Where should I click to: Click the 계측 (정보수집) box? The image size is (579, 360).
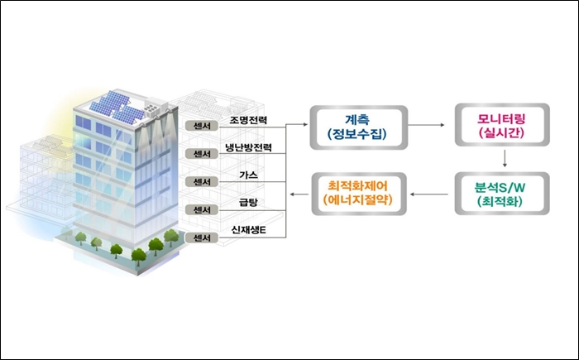[358, 127]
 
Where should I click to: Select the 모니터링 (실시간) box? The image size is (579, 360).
[502, 125]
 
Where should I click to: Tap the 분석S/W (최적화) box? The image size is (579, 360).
[502, 194]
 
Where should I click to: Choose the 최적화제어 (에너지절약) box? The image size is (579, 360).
[359, 194]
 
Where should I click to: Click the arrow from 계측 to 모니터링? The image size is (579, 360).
[426, 125]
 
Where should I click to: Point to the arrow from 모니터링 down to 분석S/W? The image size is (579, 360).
[505, 158]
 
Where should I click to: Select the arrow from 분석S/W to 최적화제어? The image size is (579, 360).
[429, 194]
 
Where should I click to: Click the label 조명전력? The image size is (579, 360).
[248, 120]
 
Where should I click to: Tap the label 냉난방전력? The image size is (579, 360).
[248, 147]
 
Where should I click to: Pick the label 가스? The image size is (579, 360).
[248, 175]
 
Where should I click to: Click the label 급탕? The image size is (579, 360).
[248, 202]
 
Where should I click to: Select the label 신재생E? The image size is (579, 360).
[248, 230]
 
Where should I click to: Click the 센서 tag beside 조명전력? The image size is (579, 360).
[202, 126]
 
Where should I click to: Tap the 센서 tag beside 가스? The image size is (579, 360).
[202, 182]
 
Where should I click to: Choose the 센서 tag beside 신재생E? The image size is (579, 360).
[202, 238]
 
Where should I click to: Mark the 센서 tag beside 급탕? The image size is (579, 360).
[202, 210]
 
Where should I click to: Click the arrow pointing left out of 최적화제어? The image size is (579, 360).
[299, 194]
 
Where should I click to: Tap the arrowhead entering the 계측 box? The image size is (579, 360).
[305, 125]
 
